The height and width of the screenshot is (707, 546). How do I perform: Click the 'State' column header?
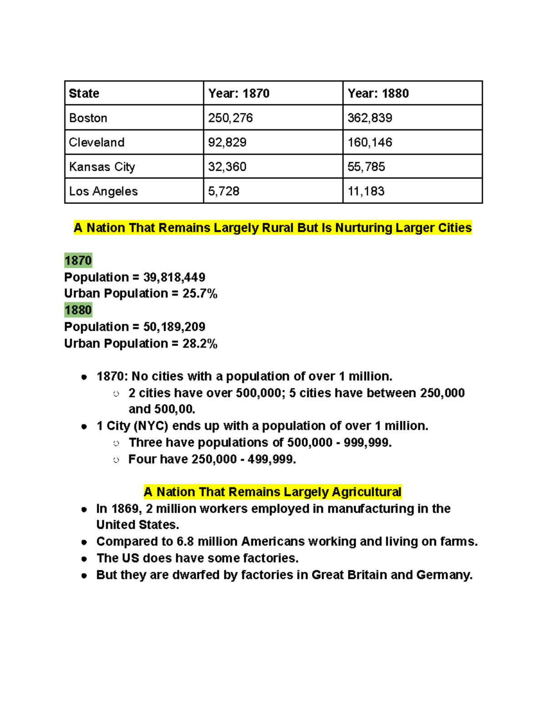coord(84,93)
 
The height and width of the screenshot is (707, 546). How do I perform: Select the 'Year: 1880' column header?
coord(378,93)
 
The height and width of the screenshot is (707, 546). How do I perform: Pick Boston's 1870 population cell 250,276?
coord(230,118)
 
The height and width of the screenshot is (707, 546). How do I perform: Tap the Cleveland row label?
coord(96,142)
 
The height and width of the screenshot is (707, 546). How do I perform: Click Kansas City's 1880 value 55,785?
coord(366,167)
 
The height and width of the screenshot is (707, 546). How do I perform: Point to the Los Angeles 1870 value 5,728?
coord(223,191)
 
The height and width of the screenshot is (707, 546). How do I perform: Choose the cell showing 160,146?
coord(369,142)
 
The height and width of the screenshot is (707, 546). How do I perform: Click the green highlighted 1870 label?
coord(78,260)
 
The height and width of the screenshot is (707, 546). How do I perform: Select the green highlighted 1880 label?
coord(78,310)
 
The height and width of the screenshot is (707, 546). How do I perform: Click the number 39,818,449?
coord(174,277)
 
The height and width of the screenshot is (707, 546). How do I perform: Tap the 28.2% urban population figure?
coord(200,343)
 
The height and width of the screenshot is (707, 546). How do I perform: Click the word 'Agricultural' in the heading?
coord(366,492)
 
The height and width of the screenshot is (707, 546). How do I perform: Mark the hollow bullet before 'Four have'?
coord(116,460)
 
